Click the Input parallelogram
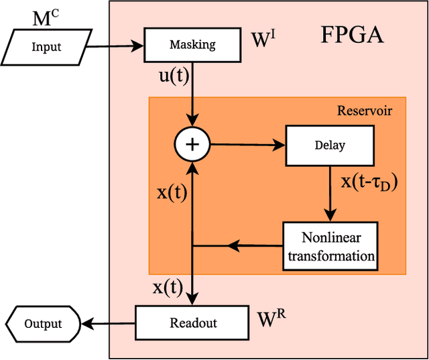[x=46, y=46]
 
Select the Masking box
[x=192, y=45]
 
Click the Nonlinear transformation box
[x=330, y=246]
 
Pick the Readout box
[x=192, y=322]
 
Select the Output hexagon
[x=42, y=324]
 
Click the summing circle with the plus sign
[x=192, y=143]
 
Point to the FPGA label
[x=352, y=34]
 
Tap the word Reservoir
[x=364, y=110]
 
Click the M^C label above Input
[x=45, y=18]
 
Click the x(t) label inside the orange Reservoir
[x=171, y=192]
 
